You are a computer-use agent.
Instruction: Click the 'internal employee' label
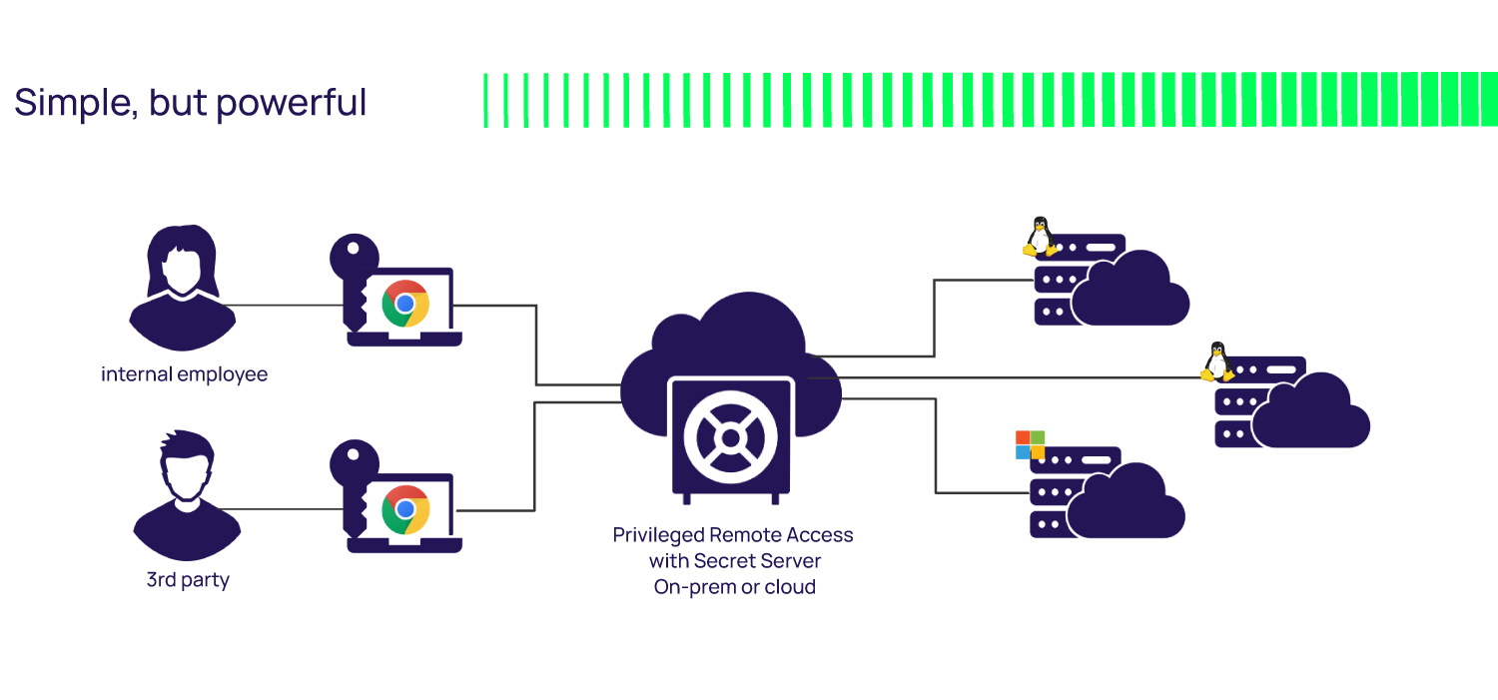[x=184, y=375]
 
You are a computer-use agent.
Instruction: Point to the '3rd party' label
[x=188, y=580]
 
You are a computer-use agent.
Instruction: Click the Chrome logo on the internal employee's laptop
[x=405, y=303]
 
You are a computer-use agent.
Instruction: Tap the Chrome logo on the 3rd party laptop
[x=405, y=509]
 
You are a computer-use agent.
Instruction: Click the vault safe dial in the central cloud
[x=731, y=437]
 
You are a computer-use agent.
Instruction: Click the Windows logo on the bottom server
[x=1030, y=444]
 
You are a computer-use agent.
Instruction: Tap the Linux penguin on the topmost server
[x=1040, y=237]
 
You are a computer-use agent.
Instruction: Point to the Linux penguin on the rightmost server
[x=1215, y=361]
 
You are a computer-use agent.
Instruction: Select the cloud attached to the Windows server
[x=1127, y=502]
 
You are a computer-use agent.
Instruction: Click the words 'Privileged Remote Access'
[x=732, y=534]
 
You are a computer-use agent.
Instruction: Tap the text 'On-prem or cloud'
[x=734, y=587]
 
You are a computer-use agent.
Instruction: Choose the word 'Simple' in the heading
[x=75, y=103]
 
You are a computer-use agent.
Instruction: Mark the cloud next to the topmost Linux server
[x=1131, y=291]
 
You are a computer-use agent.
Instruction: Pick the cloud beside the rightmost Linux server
[x=1311, y=412]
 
